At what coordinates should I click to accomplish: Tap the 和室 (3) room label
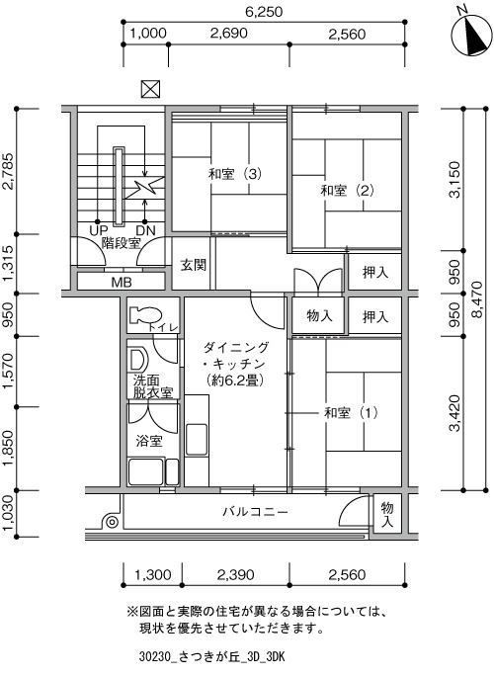pos(235,174)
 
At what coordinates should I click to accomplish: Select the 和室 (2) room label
pos(347,191)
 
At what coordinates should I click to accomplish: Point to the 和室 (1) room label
pos(351,413)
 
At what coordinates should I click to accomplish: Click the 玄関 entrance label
pos(194,265)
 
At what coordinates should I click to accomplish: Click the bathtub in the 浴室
pos(146,471)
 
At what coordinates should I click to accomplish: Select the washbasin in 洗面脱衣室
pos(138,359)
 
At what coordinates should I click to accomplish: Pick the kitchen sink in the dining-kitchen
pos(197,439)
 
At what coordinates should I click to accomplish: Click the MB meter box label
pos(122,283)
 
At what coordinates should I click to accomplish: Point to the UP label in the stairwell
pos(98,230)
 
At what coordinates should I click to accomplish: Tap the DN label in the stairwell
pos(146,230)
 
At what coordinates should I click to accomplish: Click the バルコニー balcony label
pos(256,512)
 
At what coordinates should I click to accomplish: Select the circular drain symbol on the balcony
pos(112,523)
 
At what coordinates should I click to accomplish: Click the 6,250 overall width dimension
pos(264,12)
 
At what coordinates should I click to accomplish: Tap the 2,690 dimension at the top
pos(228,34)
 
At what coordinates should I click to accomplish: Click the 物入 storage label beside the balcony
pos(387,514)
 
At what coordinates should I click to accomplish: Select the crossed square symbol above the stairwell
pos(150,89)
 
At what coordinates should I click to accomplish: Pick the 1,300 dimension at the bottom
pos(153,575)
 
